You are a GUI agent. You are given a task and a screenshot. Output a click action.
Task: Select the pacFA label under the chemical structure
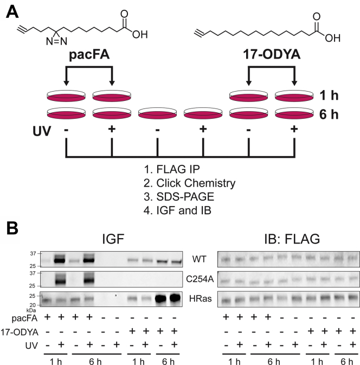pos(88,55)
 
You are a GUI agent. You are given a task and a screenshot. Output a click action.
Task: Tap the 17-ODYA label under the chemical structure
pos(271,55)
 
